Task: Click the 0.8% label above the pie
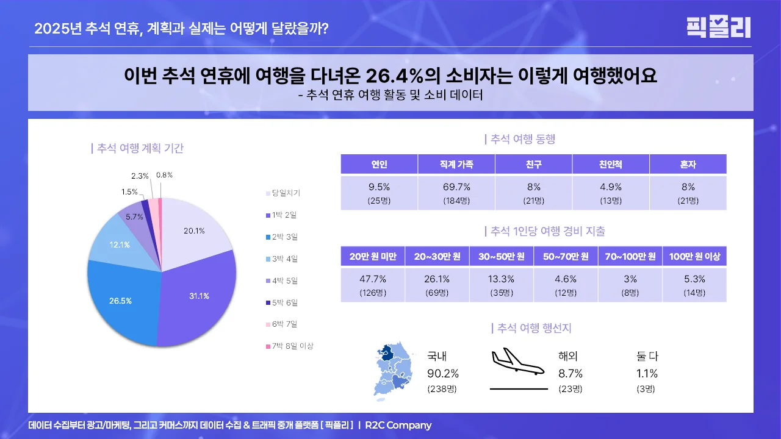click(164, 175)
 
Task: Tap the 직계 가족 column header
click(456, 164)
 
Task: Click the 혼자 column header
click(688, 164)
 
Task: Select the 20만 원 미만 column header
click(373, 257)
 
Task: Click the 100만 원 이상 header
click(694, 257)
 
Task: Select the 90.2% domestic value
click(442, 374)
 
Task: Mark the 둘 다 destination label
click(647, 357)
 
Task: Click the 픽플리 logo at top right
click(718, 27)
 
